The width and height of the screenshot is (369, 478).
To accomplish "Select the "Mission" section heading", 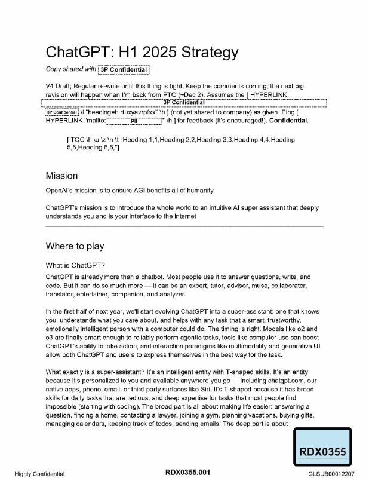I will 61,176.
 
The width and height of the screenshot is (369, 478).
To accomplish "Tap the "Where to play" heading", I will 75,246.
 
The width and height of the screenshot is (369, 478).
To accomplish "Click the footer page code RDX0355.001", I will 187,473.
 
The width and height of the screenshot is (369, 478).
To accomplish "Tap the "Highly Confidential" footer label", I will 40,474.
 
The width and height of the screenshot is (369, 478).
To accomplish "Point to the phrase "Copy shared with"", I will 70,69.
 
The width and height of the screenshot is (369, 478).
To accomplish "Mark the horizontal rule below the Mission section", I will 184,226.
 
